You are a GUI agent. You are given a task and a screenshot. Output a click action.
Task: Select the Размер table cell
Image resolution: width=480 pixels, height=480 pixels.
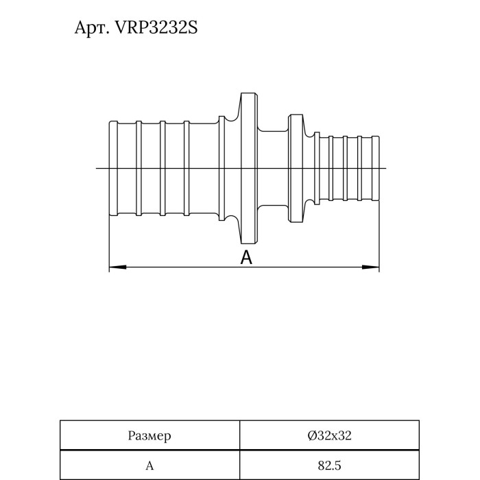(149, 435)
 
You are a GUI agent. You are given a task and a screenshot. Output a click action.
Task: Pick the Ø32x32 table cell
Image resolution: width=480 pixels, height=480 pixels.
(330, 435)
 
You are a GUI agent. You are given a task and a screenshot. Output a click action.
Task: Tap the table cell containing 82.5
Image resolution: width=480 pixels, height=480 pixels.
(330, 466)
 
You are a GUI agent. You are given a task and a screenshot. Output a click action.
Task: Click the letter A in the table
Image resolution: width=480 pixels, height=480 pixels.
(149, 466)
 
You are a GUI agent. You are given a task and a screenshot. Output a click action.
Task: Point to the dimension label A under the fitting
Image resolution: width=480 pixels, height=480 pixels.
(247, 258)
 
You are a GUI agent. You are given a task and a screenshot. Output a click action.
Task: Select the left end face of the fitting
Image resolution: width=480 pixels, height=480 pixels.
(110, 169)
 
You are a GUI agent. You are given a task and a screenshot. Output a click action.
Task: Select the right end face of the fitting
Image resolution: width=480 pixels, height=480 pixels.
(379, 169)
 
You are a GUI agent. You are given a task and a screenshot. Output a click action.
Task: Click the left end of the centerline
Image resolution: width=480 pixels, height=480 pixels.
(97, 169)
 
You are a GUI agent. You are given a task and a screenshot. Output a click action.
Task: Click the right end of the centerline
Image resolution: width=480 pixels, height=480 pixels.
(387, 169)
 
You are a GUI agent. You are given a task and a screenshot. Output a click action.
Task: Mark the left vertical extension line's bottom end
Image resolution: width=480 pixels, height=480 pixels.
(110, 271)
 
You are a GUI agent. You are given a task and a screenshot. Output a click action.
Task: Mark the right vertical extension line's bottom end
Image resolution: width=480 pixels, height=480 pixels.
(380, 271)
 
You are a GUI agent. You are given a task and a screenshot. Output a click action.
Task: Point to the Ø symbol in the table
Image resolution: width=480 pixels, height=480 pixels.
(312, 435)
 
